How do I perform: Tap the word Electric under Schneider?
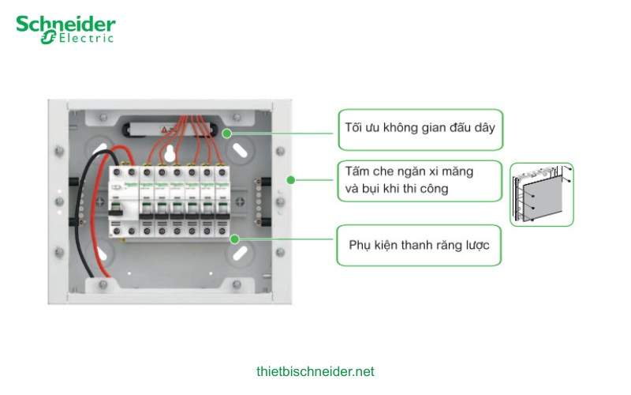pyautogui.click(x=83, y=38)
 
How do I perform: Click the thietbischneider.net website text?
pyautogui.click(x=315, y=371)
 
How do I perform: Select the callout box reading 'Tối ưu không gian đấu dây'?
pyautogui.click(x=420, y=129)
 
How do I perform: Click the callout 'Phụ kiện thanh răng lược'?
pyautogui.click(x=419, y=245)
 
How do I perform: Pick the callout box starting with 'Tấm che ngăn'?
pyautogui.click(x=420, y=180)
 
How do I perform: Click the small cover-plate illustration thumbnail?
pyautogui.click(x=541, y=194)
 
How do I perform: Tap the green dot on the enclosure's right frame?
pyautogui.click(x=290, y=180)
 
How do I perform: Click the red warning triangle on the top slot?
pyautogui.click(x=166, y=128)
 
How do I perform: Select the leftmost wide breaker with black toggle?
pyautogui.click(x=123, y=197)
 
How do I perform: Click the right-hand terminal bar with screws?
pyautogui.click(x=254, y=198)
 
